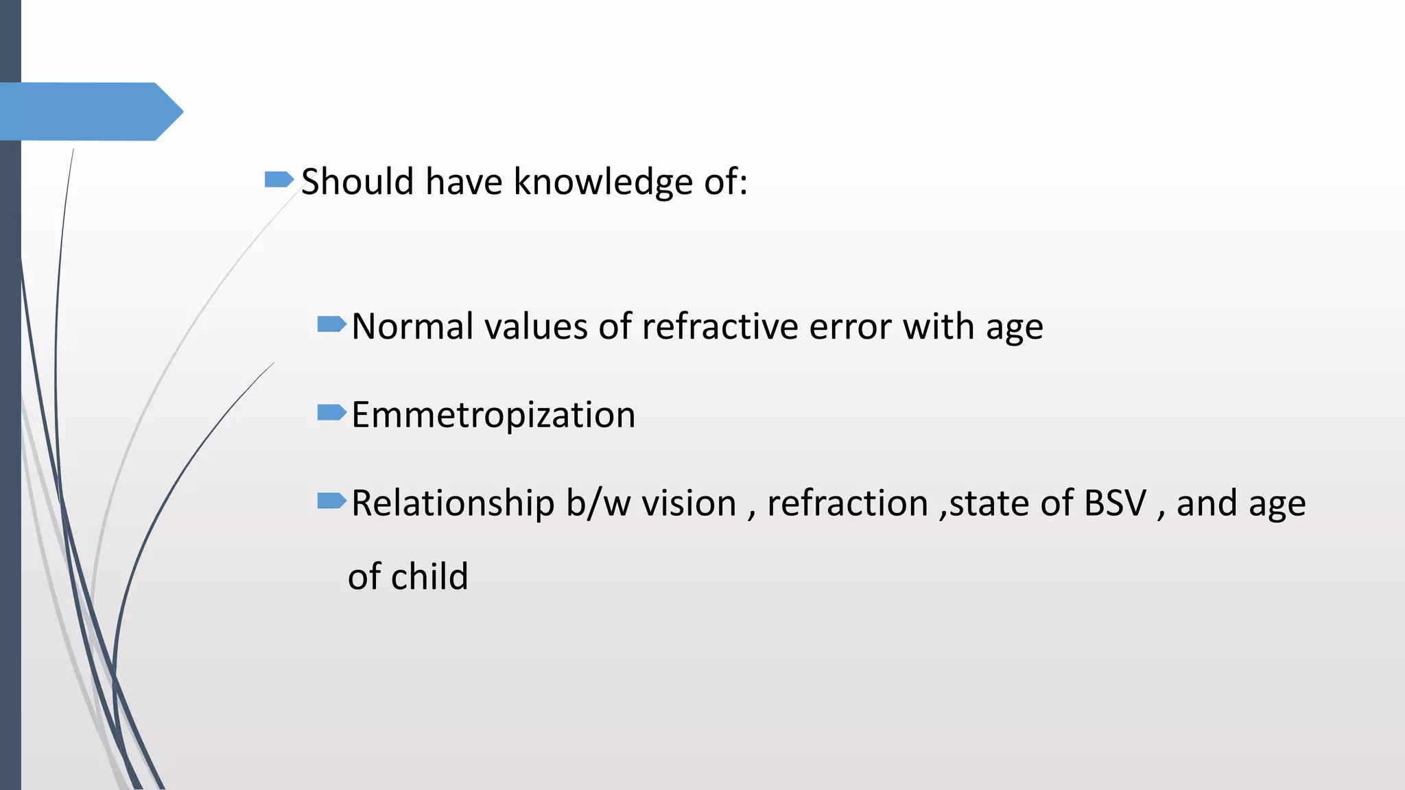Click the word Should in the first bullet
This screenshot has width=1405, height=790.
[x=357, y=182]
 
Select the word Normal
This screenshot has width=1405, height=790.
[x=412, y=326]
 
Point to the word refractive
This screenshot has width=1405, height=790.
[x=720, y=326]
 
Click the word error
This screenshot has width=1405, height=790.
[x=850, y=326]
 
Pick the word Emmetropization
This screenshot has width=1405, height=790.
[x=493, y=416]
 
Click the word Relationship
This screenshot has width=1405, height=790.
[x=453, y=503]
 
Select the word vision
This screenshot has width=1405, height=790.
[x=689, y=503]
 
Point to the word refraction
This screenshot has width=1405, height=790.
[x=848, y=503]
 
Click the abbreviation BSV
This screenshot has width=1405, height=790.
[x=1115, y=503]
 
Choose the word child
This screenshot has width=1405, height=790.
[x=429, y=577]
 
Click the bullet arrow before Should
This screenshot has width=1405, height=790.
[x=279, y=180]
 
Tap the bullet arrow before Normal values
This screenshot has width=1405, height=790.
[x=332, y=324]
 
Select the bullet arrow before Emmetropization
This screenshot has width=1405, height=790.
[x=332, y=413]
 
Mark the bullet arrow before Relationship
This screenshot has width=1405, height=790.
[x=332, y=501]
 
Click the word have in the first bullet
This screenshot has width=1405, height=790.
[x=464, y=182]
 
